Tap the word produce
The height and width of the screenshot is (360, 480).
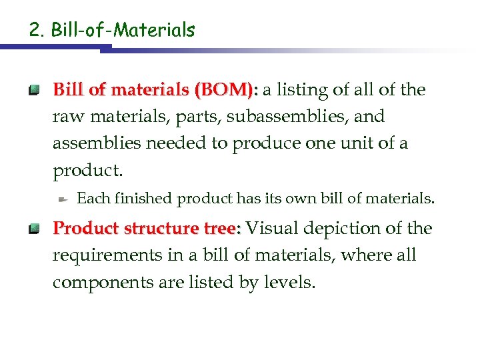point(265,143)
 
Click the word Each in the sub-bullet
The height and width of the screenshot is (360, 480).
point(93,199)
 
